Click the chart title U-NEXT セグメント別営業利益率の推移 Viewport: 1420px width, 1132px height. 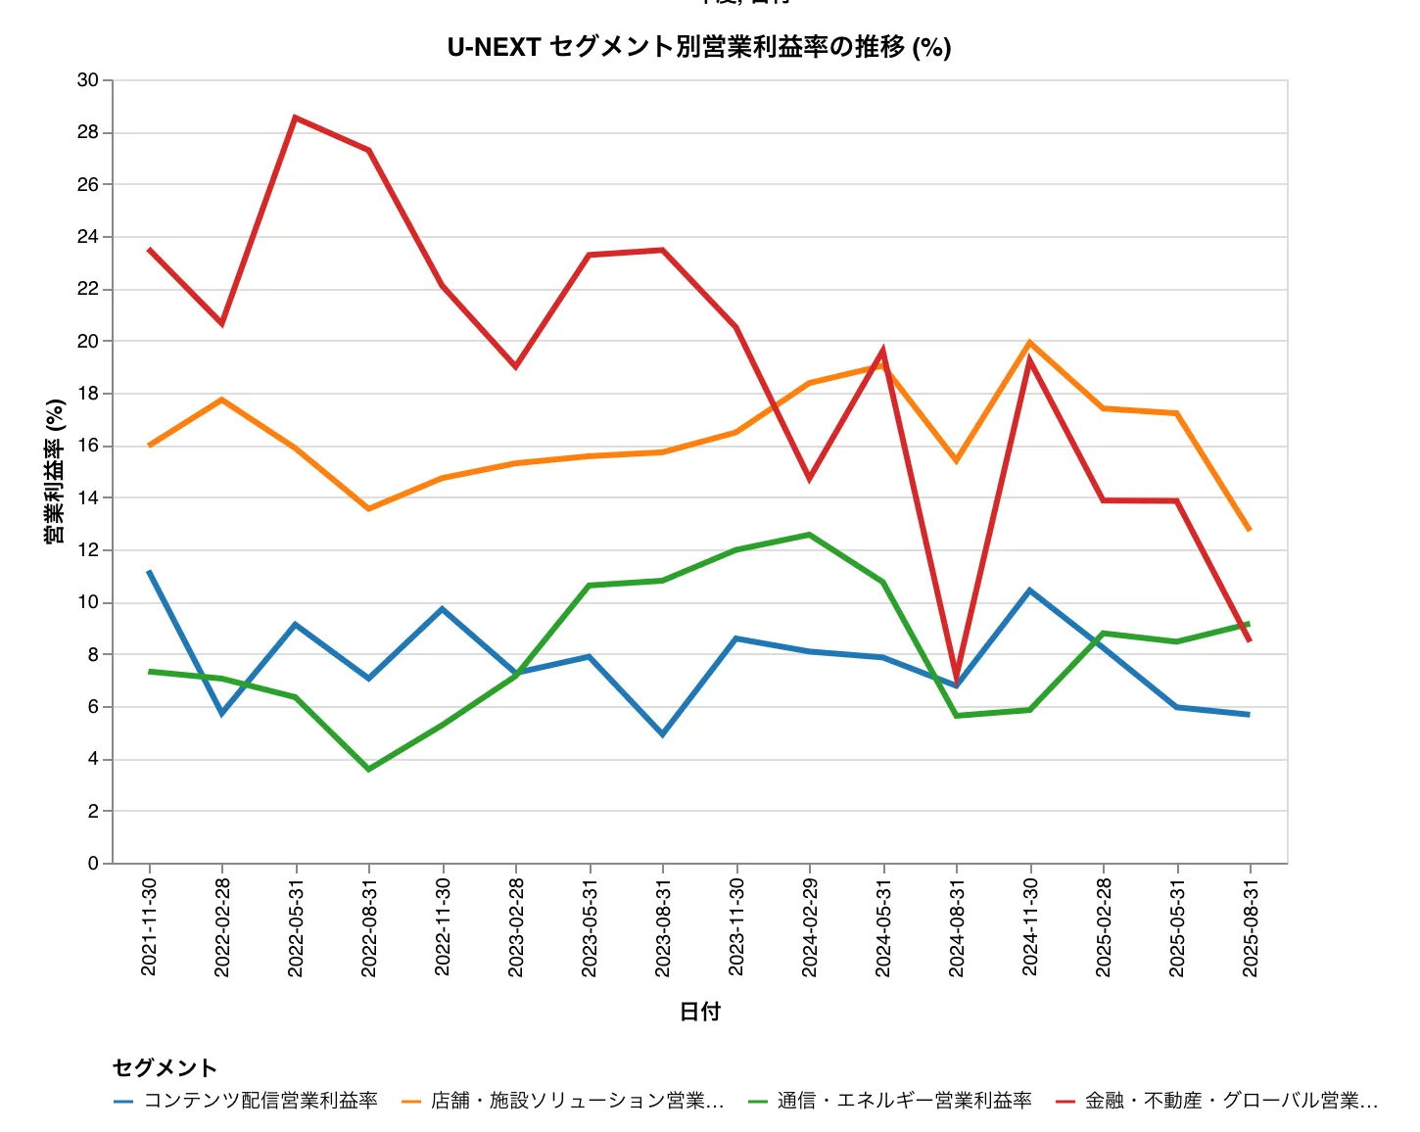(x=699, y=47)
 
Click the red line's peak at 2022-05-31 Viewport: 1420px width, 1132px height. (x=296, y=118)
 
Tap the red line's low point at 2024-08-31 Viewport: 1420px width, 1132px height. (x=957, y=680)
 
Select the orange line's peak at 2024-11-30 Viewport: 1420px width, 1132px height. (x=1030, y=342)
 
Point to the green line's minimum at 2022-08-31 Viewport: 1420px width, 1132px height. (x=369, y=770)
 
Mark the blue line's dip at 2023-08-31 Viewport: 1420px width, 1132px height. (x=663, y=734)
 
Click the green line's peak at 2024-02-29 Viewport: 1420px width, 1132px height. (x=810, y=535)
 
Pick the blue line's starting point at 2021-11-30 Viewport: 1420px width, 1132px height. (x=149, y=571)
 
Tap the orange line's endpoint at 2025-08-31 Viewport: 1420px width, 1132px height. (x=1250, y=530)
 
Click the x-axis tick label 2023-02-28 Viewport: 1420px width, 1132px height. (x=516, y=926)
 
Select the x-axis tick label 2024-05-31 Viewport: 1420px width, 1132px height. (x=883, y=926)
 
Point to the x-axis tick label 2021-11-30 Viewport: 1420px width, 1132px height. (x=149, y=926)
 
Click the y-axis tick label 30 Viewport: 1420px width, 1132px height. (x=88, y=80)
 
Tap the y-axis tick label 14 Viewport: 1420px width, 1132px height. (x=88, y=497)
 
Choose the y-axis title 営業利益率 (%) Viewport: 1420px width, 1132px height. (x=55, y=471)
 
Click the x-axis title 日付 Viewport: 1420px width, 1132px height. (x=699, y=1012)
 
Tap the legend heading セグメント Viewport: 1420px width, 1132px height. (x=165, y=1067)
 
